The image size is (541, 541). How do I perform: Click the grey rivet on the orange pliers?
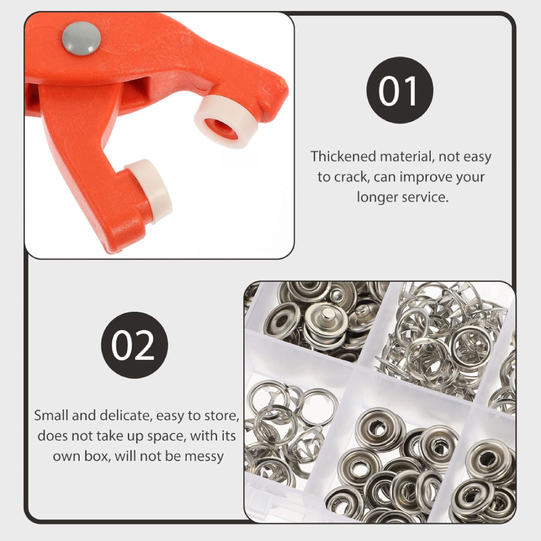point(81,38)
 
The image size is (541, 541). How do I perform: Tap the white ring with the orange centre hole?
point(226,122)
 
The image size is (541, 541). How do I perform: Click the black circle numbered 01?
point(400,90)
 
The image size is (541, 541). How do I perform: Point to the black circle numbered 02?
point(135,345)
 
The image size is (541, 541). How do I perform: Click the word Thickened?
point(344,156)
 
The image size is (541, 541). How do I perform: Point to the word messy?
point(204,457)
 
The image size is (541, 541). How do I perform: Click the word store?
point(222,415)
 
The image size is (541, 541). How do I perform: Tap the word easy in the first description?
point(477,158)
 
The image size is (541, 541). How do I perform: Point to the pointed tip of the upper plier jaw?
point(285,86)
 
